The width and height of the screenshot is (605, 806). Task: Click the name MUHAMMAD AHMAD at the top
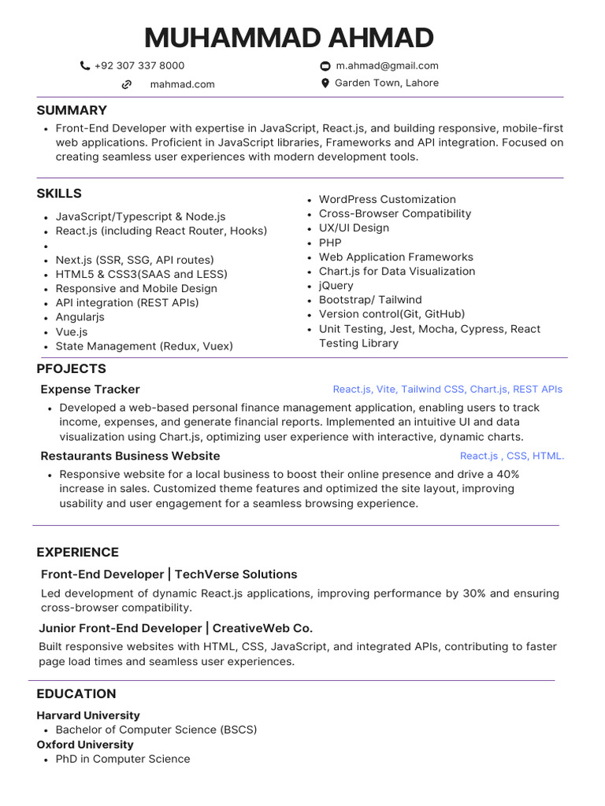[x=289, y=38]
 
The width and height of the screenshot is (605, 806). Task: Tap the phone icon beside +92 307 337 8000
[x=85, y=66]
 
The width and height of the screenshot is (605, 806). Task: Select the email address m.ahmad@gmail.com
[x=386, y=66]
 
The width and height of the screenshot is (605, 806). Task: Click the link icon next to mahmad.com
[x=126, y=84]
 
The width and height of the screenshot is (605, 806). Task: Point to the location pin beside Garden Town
[x=325, y=83]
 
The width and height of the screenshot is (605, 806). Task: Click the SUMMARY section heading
[x=72, y=110]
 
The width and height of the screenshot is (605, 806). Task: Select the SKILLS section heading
[x=59, y=194]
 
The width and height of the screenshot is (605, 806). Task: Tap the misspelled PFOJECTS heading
[x=71, y=369]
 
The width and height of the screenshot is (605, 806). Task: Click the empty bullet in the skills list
[x=48, y=246]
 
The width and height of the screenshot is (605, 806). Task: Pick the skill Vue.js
[x=72, y=332]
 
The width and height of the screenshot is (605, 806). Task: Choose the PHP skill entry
[x=330, y=242]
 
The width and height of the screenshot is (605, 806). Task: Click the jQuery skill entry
[x=336, y=286]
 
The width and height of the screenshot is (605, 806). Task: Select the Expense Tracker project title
[x=90, y=390]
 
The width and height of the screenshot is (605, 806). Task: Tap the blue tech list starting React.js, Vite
[x=447, y=390]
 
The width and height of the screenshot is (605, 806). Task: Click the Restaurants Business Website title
[x=130, y=456]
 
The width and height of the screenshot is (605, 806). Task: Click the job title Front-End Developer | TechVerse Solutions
[x=169, y=575]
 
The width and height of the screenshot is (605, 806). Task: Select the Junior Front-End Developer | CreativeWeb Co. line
[x=176, y=628]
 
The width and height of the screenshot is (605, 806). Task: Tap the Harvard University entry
[x=88, y=715]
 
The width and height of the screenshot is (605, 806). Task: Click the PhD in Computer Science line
[x=123, y=759]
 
